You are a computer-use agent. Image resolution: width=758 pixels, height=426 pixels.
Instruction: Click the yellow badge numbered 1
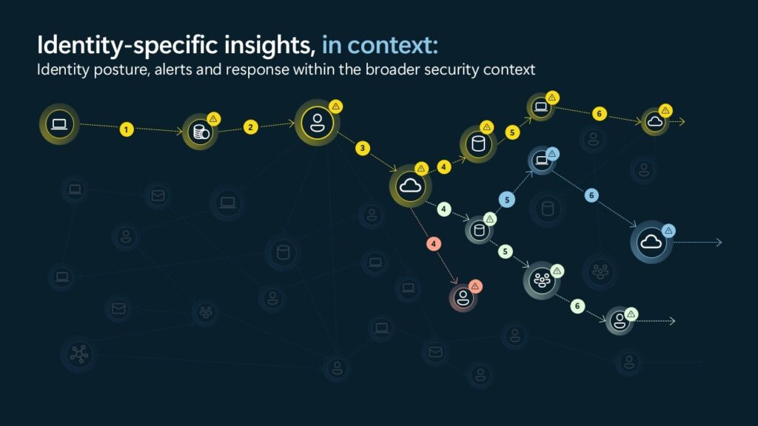(126, 129)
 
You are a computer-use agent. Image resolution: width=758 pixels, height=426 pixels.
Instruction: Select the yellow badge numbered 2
(250, 127)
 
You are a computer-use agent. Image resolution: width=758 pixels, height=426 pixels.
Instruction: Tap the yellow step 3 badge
(363, 148)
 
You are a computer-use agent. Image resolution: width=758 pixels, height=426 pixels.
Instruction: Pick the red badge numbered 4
(434, 244)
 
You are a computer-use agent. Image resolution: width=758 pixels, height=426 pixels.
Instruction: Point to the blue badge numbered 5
(506, 200)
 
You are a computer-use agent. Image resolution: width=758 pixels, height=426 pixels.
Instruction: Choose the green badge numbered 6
(577, 306)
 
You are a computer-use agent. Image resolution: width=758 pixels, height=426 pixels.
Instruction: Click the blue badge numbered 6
(591, 195)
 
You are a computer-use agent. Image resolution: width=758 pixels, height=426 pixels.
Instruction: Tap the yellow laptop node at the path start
(59, 124)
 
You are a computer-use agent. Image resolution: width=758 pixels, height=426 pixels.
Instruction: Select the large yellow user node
(317, 123)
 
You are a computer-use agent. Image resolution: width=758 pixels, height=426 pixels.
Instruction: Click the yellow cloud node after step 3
(410, 186)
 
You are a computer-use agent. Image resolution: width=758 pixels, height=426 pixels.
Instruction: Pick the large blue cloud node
(651, 242)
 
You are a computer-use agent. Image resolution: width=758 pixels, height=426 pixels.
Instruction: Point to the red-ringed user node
(463, 297)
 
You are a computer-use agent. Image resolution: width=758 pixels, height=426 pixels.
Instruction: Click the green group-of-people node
(542, 280)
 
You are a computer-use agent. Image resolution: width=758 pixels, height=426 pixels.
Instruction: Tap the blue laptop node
(541, 160)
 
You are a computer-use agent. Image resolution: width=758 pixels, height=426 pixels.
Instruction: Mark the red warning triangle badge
(475, 286)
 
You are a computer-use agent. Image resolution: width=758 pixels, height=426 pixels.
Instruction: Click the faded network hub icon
(78, 354)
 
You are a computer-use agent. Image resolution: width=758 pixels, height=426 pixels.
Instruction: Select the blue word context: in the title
(392, 45)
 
